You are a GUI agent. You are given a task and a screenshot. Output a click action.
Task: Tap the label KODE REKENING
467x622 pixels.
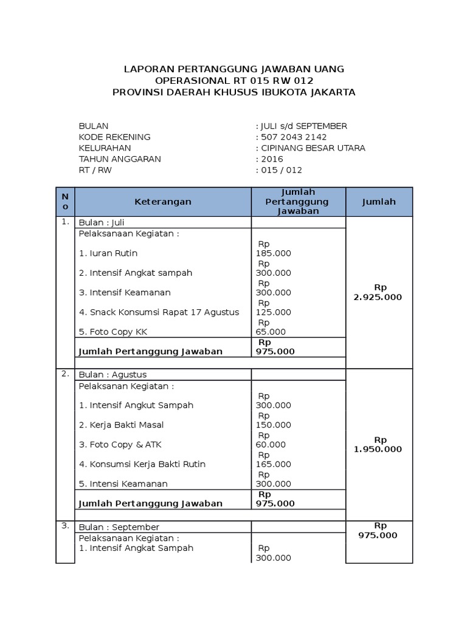[114, 137]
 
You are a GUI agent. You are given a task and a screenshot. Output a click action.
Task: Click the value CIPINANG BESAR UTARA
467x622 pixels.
[313, 148]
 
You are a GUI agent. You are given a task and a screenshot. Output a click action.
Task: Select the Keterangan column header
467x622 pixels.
[162, 202]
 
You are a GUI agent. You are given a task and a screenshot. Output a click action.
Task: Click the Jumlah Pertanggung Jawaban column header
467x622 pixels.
[298, 202]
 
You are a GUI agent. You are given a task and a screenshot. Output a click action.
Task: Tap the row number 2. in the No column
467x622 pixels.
[65, 374]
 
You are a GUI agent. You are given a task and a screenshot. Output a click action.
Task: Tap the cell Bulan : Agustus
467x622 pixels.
[112, 375]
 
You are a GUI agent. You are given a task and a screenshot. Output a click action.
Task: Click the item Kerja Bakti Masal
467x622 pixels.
[121, 425]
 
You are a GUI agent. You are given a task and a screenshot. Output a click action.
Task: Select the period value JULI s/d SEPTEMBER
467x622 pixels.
[303, 126]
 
